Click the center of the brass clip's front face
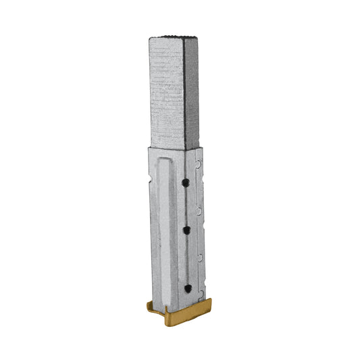coord(186,315)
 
